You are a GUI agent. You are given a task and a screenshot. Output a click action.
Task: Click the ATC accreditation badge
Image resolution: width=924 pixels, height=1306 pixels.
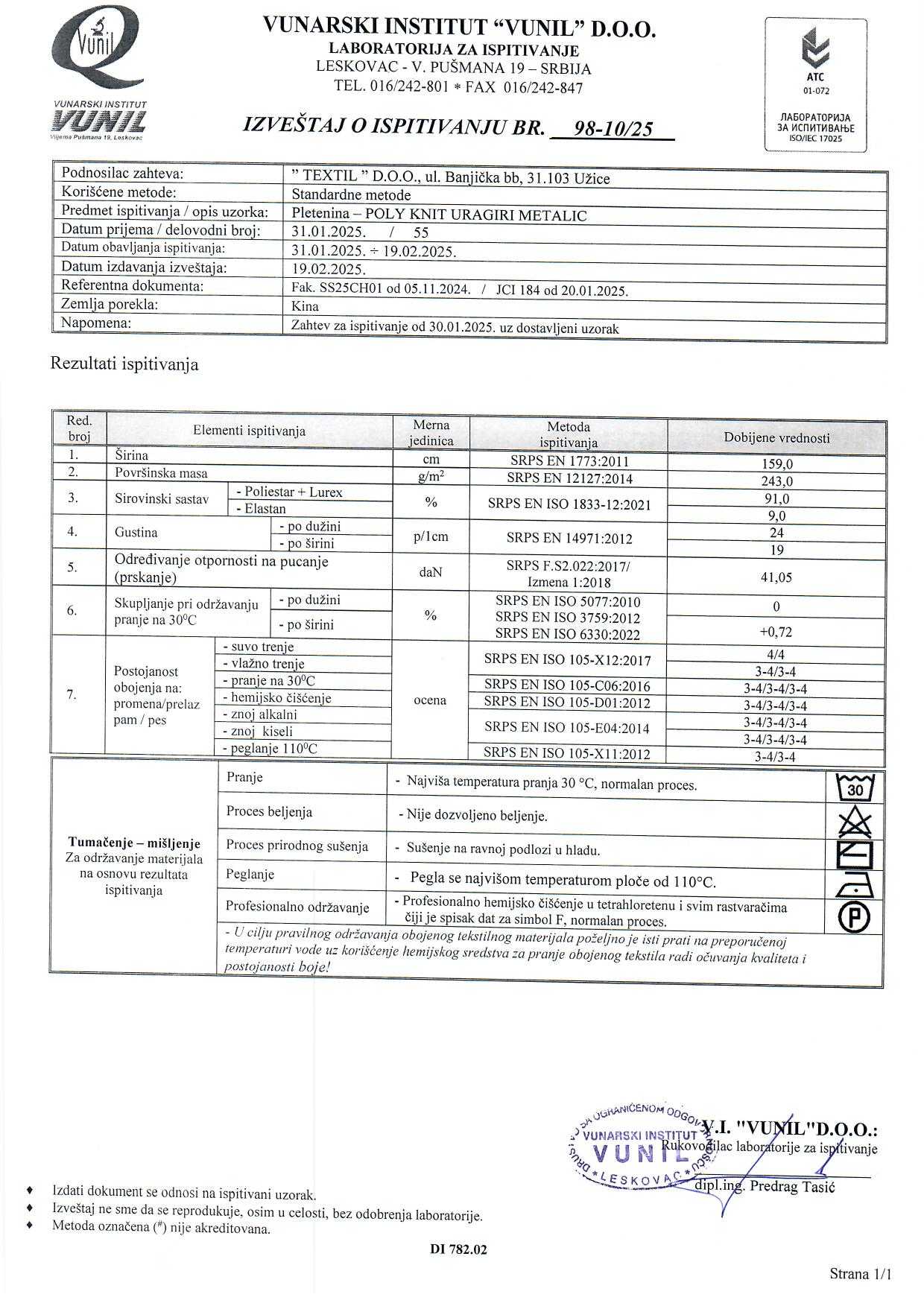(x=815, y=83)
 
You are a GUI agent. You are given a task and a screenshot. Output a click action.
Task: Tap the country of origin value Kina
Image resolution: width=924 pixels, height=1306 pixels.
(x=306, y=306)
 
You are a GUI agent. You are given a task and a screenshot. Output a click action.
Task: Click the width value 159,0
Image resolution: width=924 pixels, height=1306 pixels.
(x=776, y=464)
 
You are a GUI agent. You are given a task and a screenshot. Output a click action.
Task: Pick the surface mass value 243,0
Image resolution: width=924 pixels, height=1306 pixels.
(x=776, y=481)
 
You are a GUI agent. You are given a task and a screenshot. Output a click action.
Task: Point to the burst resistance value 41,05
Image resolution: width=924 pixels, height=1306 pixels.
(x=776, y=577)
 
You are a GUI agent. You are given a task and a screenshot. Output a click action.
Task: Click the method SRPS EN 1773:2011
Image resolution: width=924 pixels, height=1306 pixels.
(x=568, y=461)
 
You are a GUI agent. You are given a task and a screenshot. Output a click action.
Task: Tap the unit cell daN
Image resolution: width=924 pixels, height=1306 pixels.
(x=430, y=572)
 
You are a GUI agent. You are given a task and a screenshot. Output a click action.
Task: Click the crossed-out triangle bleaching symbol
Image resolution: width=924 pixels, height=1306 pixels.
(x=855, y=822)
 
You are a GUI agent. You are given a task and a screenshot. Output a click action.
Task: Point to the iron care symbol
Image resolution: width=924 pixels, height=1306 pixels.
(x=855, y=886)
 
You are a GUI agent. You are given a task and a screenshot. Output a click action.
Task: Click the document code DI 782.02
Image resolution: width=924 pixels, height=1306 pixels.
(x=458, y=1249)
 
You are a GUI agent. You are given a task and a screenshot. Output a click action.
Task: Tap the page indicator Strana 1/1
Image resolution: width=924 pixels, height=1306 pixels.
(x=860, y=1274)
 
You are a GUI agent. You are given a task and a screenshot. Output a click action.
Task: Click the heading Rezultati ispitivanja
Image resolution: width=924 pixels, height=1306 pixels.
(x=124, y=364)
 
